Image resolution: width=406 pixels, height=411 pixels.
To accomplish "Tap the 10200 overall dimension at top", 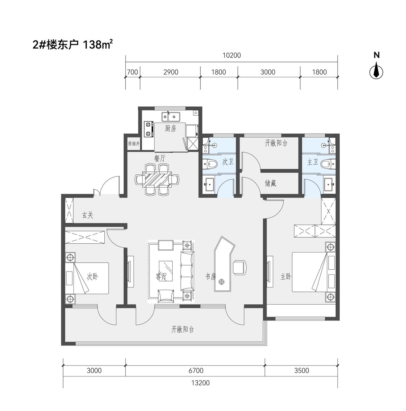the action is coord(232,56).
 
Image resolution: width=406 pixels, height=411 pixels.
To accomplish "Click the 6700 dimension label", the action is coord(196,370).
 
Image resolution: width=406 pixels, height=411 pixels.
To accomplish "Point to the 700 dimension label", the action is coord(132,72).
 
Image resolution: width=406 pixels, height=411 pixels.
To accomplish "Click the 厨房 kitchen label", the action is coord(170,128).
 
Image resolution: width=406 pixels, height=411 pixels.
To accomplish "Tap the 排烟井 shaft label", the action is coord(134,144).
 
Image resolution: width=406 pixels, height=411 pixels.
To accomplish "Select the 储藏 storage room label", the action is coord(270,183).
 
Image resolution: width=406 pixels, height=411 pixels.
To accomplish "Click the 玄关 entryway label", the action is coord(88,215).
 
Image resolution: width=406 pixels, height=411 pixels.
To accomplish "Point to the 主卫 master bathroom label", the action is coord(312,162).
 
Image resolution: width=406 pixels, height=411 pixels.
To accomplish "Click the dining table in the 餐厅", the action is coord(157,179).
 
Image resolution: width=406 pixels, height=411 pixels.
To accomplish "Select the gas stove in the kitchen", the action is coord(149,129).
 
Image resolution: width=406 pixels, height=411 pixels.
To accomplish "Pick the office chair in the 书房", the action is coord(240,267).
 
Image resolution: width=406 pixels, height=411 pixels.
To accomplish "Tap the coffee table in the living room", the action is coord(166,271).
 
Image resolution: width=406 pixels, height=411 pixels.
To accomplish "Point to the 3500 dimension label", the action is coord(301,370).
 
